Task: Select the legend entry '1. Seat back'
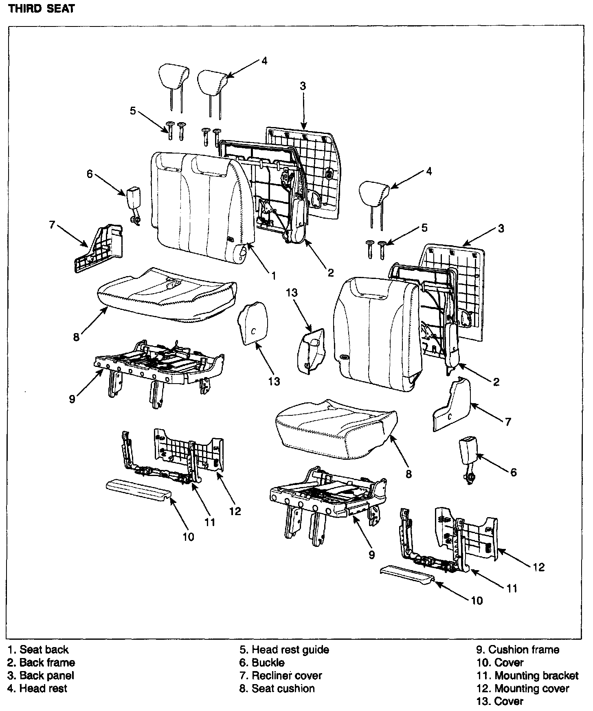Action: [x=38, y=650]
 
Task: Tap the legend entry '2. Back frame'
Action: [x=41, y=663]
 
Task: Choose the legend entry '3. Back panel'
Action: [x=41, y=676]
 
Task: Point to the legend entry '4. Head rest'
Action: [x=37, y=689]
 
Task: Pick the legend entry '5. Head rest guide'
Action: [x=284, y=650]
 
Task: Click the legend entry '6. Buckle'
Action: [x=262, y=663]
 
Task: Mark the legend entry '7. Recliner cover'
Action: [x=281, y=676]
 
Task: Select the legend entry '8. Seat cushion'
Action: [x=277, y=689]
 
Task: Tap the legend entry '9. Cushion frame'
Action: [x=518, y=650]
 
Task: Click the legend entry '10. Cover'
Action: [x=500, y=663]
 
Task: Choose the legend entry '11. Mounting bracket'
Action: [x=527, y=676]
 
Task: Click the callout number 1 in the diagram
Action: [x=274, y=276]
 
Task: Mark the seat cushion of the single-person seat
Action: [x=334, y=428]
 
